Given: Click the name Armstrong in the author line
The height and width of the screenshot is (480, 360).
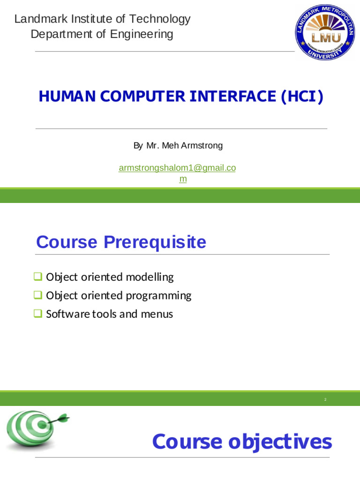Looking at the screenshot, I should tap(202, 146).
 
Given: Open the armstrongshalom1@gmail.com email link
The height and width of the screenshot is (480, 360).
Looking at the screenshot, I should tap(177, 168).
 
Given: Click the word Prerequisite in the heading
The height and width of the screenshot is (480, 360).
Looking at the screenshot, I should tap(155, 242).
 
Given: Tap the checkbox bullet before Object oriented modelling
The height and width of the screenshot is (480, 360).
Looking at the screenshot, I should tap(38, 277).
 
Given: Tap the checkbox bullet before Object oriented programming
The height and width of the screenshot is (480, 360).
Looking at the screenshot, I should tap(38, 295).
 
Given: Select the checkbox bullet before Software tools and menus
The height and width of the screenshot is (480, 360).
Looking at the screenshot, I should tap(38, 314).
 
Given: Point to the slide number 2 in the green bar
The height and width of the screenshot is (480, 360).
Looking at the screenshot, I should tap(325, 399).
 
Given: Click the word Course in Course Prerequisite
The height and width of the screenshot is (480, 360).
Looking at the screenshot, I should tap(67, 242).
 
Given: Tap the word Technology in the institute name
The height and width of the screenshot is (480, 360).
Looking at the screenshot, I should tap(160, 19).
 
